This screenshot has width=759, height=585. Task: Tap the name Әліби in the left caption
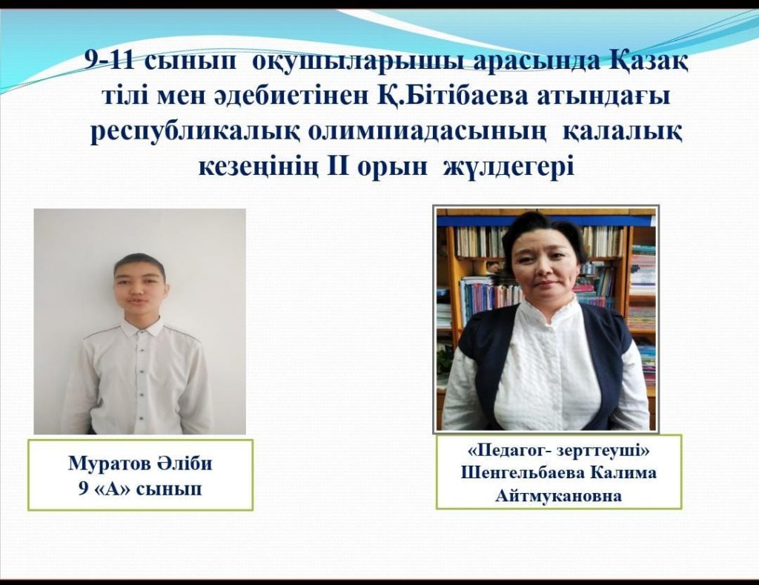185,463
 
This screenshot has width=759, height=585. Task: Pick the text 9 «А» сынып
140,489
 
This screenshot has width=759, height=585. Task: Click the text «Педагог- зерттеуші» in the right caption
559,451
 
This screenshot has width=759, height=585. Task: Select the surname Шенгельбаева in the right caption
523,472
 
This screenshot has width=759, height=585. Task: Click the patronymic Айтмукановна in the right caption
558,495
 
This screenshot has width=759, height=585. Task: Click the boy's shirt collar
140,328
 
